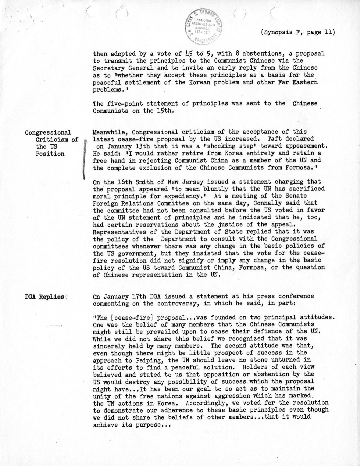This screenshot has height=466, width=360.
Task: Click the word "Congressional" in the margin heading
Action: [48, 133]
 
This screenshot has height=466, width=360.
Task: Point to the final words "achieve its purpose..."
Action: [127, 424]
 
